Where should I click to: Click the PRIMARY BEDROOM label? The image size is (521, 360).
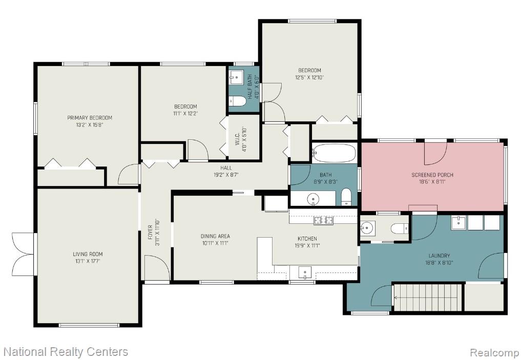[90, 118]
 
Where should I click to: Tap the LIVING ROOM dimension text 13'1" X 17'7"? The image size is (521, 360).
[88, 261]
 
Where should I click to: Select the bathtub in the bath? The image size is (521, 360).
[334, 153]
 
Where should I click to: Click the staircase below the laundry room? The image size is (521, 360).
[428, 297]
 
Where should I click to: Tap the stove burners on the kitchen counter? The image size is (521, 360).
[324, 220]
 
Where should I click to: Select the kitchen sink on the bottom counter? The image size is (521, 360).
[305, 272]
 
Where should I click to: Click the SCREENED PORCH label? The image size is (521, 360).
[432, 175]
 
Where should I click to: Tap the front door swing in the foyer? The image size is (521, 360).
[157, 268]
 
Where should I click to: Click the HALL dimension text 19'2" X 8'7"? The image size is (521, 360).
[226, 175]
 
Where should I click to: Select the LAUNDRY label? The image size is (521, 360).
[439, 256]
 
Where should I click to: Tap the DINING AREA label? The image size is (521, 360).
[215, 236]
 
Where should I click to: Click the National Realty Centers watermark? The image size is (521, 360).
[66, 352]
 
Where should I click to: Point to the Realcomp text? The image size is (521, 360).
[494, 352]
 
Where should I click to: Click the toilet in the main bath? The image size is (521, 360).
[346, 197]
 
